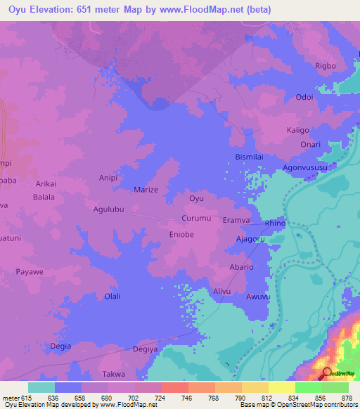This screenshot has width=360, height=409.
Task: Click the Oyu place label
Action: [x=197, y=199]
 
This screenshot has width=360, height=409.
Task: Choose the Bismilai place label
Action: [x=250, y=156]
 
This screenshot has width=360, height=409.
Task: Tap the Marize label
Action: [x=146, y=190]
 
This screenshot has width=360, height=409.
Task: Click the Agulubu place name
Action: [x=109, y=209]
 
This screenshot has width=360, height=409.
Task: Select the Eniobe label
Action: [x=181, y=235]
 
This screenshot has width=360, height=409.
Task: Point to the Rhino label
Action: [x=275, y=223]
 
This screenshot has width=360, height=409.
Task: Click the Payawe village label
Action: [x=30, y=271]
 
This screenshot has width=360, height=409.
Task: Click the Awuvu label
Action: [x=258, y=297]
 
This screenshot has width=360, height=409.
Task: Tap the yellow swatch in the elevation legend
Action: [x=282, y=387]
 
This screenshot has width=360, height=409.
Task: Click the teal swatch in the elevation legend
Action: [x=41, y=387]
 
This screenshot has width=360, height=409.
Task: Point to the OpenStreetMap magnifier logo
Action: [x=327, y=373]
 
